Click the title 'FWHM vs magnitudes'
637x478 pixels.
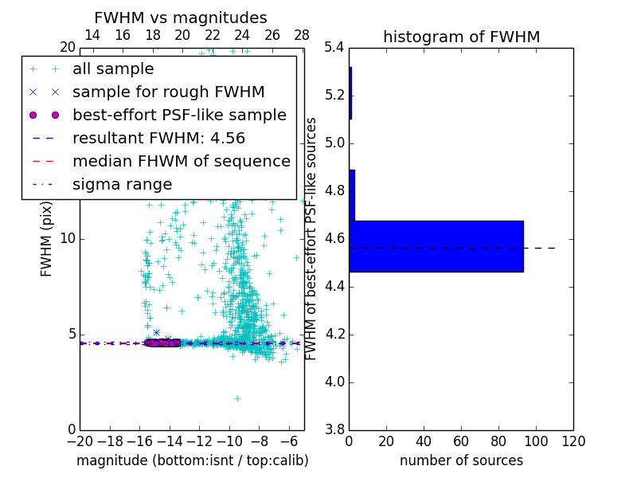click(x=180, y=18)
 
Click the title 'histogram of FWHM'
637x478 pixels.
click(x=461, y=37)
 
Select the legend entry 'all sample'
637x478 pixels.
click(x=113, y=69)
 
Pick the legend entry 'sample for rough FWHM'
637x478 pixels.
click(x=168, y=92)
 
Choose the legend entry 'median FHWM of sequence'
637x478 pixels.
click(x=181, y=162)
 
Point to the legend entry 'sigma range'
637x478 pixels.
click(x=122, y=185)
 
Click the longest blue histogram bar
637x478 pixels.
click(x=436, y=246)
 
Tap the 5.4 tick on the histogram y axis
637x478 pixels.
click(x=334, y=48)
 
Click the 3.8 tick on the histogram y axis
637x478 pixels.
click(x=334, y=429)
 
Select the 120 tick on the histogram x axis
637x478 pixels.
click(x=573, y=441)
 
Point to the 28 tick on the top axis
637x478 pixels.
click(x=302, y=35)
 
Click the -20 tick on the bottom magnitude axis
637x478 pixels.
click(x=80, y=441)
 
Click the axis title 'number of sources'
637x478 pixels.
click(x=461, y=460)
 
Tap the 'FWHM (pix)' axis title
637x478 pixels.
click(x=47, y=239)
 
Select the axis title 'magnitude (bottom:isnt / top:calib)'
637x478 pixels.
click(x=192, y=460)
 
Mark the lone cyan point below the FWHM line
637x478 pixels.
click(x=236, y=398)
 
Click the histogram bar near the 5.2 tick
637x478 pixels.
click(x=350, y=93)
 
